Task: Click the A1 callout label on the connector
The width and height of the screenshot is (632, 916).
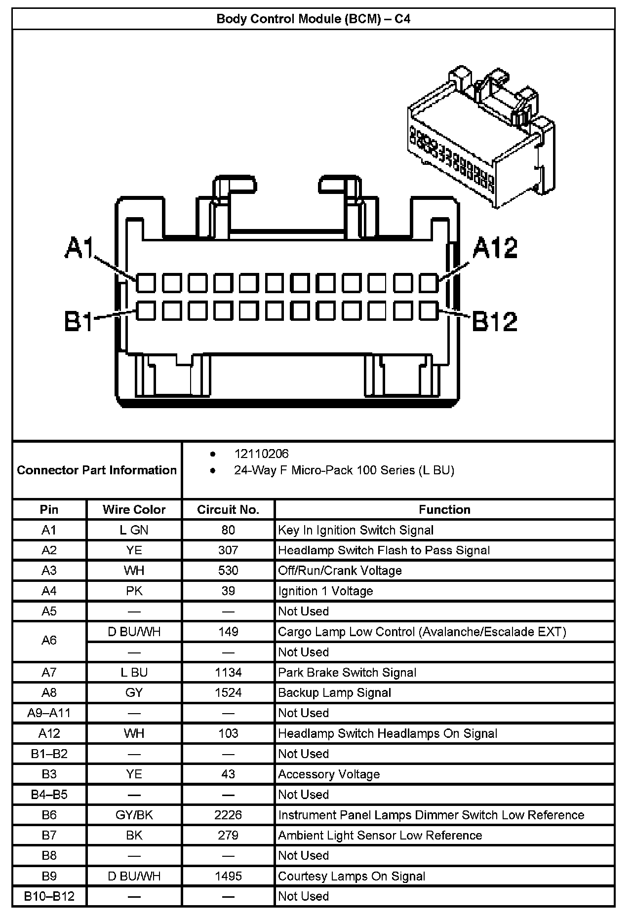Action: [x=79, y=248]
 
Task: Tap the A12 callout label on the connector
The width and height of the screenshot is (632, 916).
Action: [x=495, y=248]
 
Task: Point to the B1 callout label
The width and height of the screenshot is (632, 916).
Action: [x=79, y=321]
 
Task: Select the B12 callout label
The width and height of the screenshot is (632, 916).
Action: [x=495, y=321]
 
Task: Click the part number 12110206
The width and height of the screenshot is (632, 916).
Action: [x=261, y=454]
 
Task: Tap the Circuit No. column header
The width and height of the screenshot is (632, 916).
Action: [x=228, y=510]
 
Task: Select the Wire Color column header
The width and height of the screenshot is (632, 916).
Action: [x=134, y=510]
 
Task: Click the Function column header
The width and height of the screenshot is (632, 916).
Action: [x=444, y=510]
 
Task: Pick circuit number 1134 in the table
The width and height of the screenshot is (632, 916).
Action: [x=228, y=672]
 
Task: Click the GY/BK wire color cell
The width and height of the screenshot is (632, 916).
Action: [x=134, y=815]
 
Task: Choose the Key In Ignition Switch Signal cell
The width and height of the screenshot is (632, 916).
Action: [x=355, y=530]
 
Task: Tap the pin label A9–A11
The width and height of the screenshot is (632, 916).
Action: [x=49, y=713]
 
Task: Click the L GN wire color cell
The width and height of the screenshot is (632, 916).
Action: [x=134, y=530]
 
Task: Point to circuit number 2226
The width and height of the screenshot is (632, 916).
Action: [x=228, y=815]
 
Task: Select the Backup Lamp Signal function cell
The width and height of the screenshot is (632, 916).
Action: [x=334, y=693]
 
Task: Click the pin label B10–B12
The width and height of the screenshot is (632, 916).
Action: [x=49, y=896]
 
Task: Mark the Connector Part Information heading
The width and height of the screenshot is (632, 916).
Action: [x=97, y=470]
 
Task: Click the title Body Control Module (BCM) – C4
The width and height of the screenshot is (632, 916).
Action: [x=314, y=19]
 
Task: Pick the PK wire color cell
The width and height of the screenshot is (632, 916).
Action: [x=134, y=591]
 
